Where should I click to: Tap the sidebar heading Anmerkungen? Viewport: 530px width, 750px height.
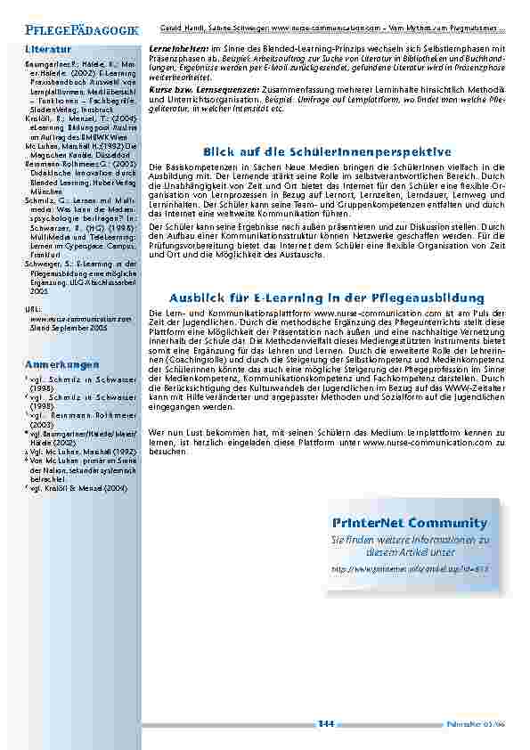click(61, 365)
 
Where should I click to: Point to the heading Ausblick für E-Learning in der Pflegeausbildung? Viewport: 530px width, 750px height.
click(327, 297)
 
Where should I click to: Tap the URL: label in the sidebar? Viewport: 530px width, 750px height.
click(33, 307)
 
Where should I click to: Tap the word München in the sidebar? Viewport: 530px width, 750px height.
click(47, 192)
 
